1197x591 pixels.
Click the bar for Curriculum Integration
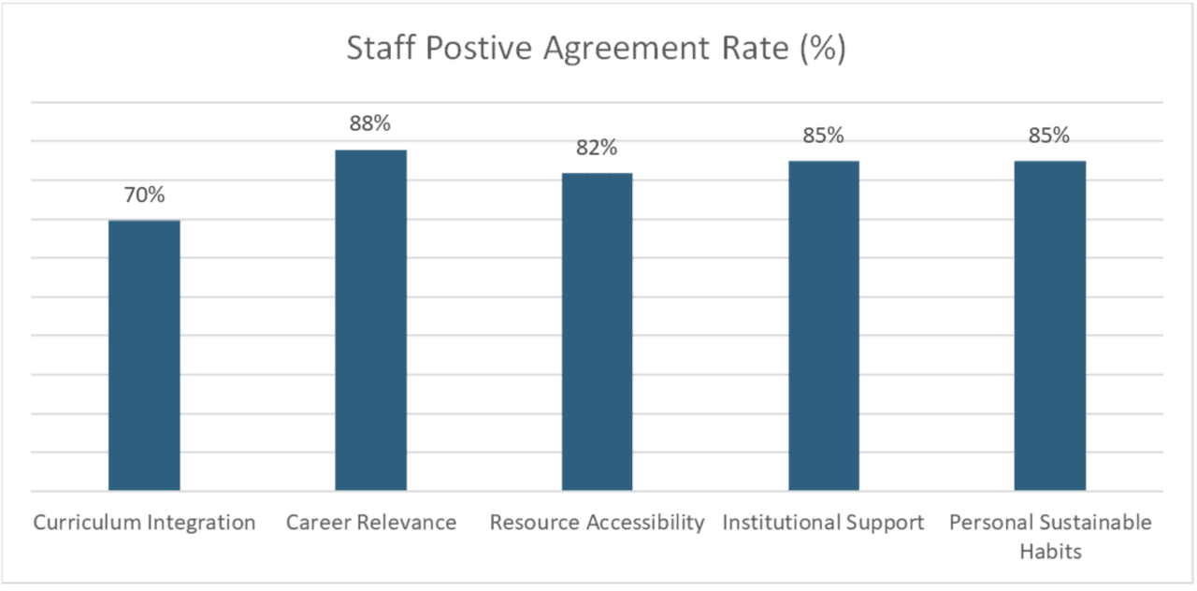point(144,355)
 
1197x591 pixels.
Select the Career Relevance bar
point(371,320)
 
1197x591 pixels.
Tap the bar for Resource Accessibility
point(597,332)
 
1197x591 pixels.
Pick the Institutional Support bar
point(823,325)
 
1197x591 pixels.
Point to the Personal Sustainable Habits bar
point(1049,325)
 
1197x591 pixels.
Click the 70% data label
point(144,195)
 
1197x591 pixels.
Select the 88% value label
point(370,124)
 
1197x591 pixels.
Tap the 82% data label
point(597,148)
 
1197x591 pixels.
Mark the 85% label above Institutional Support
point(823,136)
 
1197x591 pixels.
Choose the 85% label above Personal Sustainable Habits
point(1049,136)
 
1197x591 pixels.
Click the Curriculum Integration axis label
point(144,523)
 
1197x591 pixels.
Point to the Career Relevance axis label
point(371,523)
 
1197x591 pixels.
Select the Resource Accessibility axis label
point(597,523)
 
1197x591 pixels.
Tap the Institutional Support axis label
point(823,523)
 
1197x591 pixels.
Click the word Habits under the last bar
point(1050,551)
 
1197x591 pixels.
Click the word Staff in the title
point(380,49)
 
